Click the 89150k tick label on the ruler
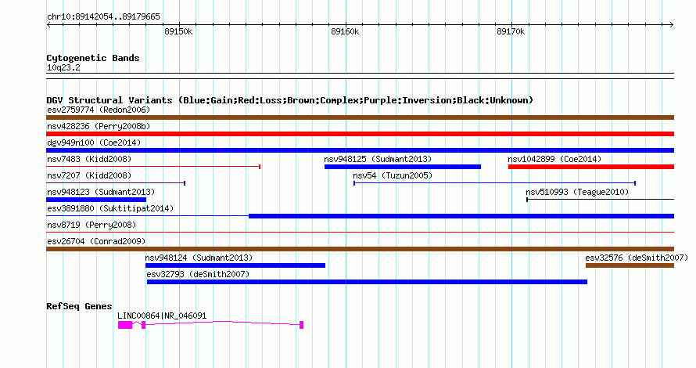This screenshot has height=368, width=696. [x=178, y=31]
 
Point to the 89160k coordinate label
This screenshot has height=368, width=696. [x=345, y=31]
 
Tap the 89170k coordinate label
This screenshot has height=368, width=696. [x=511, y=31]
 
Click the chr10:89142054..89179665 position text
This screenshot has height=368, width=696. [x=103, y=17]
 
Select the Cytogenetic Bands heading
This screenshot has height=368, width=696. [x=93, y=58]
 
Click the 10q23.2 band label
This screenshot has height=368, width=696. [x=63, y=67]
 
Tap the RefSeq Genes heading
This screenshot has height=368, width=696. [x=79, y=306]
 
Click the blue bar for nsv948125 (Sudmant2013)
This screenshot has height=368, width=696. [x=403, y=167]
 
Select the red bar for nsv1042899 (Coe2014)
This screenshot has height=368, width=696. [x=591, y=167]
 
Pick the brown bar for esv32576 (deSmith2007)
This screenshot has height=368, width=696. [x=630, y=265]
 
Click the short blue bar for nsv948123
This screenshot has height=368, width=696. [x=96, y=200]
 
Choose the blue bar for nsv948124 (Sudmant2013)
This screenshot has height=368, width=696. [x=235, y=265]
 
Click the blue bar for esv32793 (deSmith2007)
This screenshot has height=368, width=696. [x=367, y=282]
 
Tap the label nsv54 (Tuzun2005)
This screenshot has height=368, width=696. [x=393, y=175]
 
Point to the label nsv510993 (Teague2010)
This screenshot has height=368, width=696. [x=577, y=192]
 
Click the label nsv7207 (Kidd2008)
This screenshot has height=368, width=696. [x=89, y=175]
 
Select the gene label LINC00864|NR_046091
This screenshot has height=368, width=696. [x=162, y=316]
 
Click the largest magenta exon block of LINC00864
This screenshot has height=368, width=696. [x=125, y=325]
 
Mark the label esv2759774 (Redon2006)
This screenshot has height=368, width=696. [x=99, y=110]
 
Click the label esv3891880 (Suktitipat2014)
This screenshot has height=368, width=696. [x=110, y=208]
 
